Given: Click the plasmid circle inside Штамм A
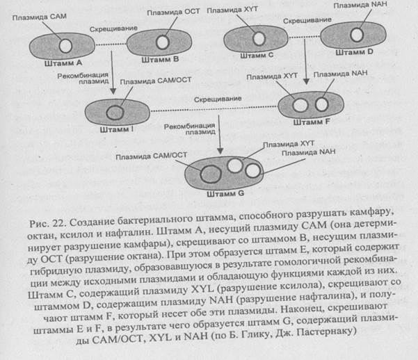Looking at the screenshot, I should (65, 46).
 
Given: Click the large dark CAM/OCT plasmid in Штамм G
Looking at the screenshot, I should (207, 172).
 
